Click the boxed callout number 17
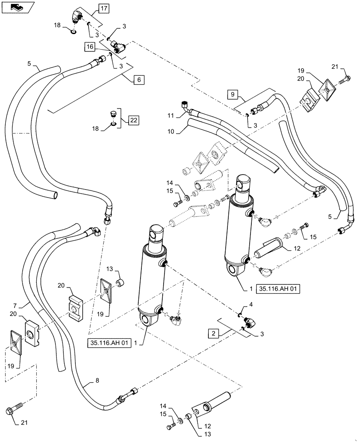pos(103,8)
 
